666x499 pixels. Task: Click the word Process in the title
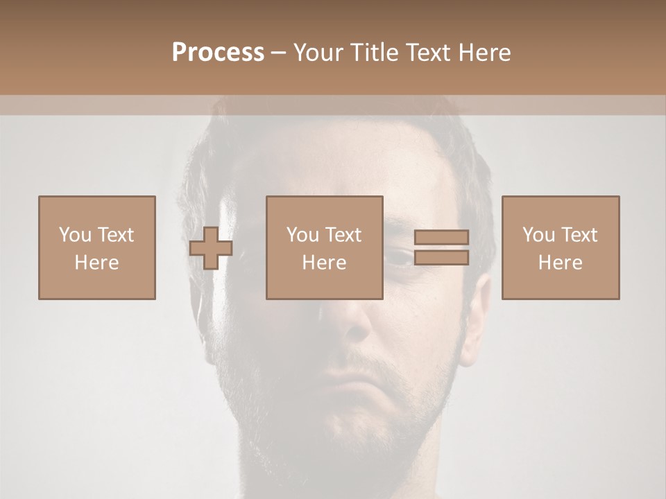pos(218,53)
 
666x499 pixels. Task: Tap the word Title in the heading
pos(375,53)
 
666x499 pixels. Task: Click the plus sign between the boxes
pos(211,247)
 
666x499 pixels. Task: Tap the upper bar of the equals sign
pos(441,237)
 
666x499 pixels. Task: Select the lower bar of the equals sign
pos(441,258)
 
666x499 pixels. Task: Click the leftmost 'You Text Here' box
pos(96,247)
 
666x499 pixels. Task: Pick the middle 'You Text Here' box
pos(324,247)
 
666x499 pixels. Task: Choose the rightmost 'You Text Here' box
pos(560,247)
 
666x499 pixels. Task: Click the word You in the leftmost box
pos(75,235)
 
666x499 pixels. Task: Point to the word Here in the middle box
pos(324,263)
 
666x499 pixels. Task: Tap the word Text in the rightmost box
pos(579,235)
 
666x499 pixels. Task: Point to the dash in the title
pos(278,53)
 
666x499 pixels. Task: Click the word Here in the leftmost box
pos(96,263)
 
